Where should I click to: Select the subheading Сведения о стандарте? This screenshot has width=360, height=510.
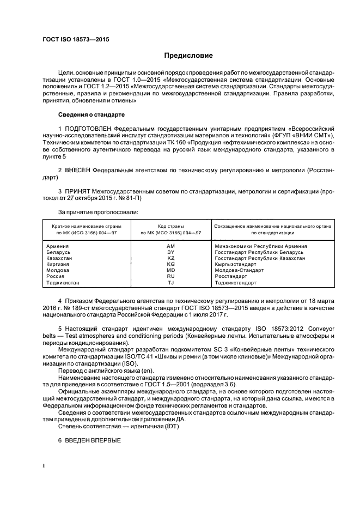(x=91, y=115)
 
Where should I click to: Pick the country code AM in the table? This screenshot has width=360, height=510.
(x=170, y=246)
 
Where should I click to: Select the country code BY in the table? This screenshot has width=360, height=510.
(x=170, y=252)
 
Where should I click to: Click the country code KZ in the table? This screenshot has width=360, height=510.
(x=170, y=258)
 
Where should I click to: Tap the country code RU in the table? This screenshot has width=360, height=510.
(x=170, y=277)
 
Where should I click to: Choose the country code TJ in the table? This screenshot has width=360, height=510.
(x=170, y=283)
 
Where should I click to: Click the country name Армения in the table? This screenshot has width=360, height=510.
(x=59, y=246)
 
